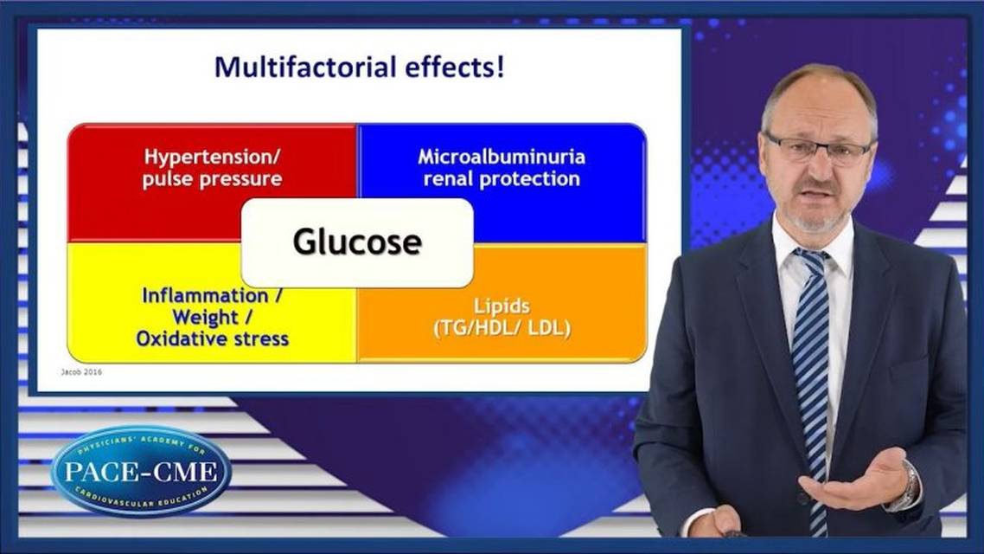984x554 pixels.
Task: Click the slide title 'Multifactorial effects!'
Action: [359, 68]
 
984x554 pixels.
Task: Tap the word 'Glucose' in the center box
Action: [356, 242]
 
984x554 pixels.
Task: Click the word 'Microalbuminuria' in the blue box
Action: [502, 158]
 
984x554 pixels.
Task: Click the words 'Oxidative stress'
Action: [213, 338]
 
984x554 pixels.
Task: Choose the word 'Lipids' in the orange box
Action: [502, 306]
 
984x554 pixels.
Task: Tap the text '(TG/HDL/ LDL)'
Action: [502, 328]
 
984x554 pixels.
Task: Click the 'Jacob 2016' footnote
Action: [80, 374]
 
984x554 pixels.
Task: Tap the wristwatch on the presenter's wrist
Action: [907, 486]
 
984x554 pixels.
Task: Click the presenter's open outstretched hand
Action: [852, 481]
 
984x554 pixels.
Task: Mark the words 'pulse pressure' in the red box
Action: [213, 179]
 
